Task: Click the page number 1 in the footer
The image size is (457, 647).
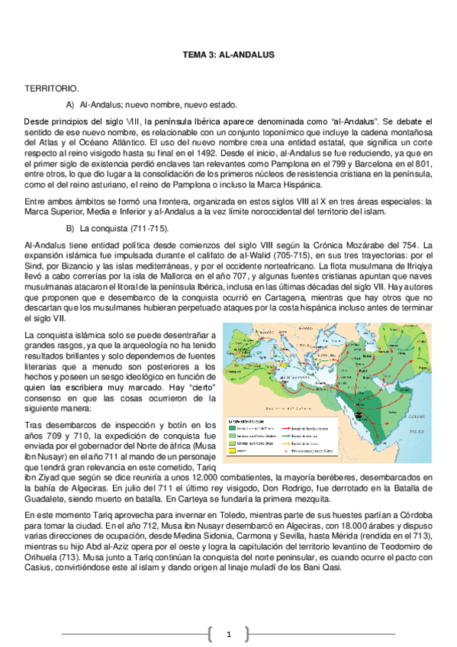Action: point(227,633)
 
